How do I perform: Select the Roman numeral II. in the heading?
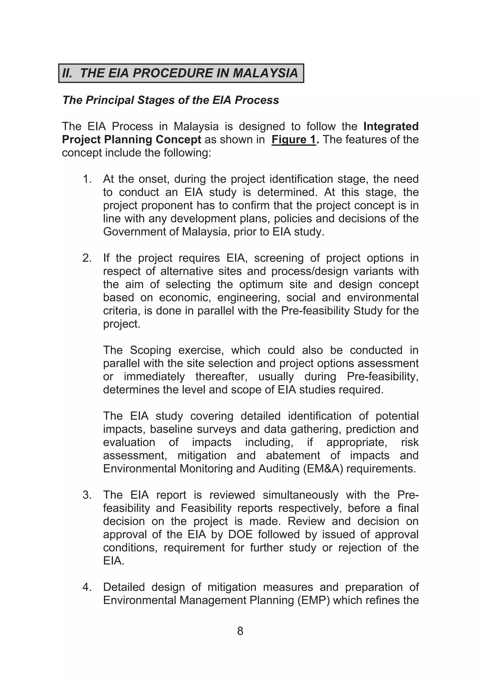tap(67, 73)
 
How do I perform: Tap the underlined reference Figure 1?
tap(294, 139)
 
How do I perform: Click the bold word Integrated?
tap(391, 126)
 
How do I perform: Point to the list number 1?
tap(87, 179)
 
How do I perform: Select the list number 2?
tap(87, 258)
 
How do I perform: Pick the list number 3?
tap(87, 495)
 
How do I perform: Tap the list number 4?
tap(87, 587)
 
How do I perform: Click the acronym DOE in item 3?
tap(240, 535)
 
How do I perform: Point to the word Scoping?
tap(151, 350)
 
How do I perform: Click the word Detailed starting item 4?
tap(124, 587)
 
